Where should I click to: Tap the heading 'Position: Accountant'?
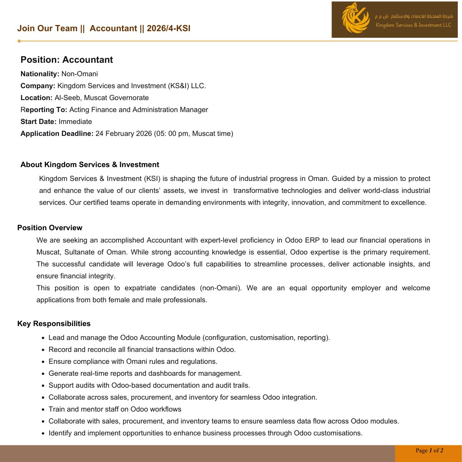pos(67,60)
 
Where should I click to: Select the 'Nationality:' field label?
pos(40,74)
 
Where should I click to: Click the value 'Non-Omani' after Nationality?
pos(80,74)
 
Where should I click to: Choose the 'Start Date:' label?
pos(38,122)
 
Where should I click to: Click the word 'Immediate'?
pos(75,122)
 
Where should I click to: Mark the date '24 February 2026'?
pos(124,134)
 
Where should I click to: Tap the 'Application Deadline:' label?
pos(57,134)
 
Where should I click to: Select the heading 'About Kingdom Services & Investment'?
pos(90,165)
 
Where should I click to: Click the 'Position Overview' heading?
pos(50,228)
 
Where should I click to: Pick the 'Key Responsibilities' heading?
pos(54,324)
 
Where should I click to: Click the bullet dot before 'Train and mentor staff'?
pos(44,410)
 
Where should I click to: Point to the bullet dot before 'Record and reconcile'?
pos(44,350)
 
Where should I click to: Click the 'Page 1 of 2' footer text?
pos(429,450)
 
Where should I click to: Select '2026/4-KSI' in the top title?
pos(169,28)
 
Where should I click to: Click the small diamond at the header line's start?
pos(19,41)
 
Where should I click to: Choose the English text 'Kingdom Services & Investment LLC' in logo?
pos(413,25)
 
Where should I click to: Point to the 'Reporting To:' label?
pos(44,110)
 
